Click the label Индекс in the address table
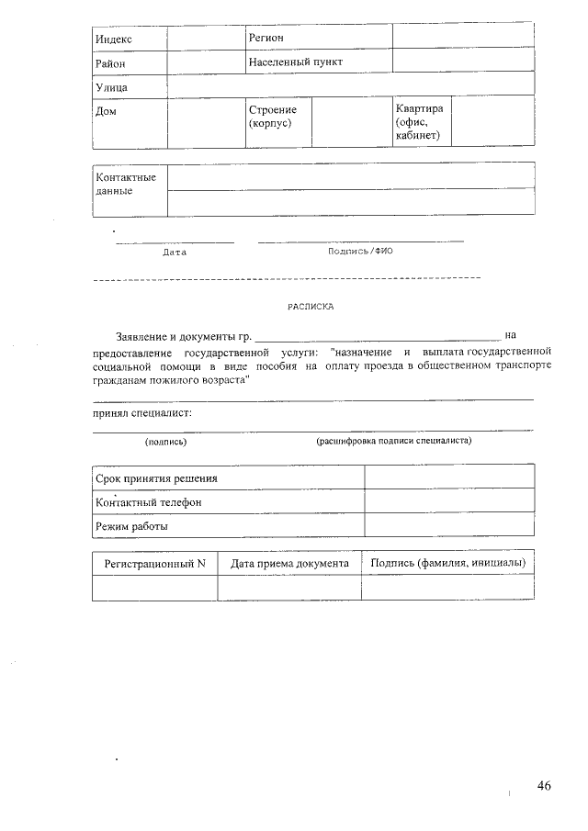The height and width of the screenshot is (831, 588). point(115,39)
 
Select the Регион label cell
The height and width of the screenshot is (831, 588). point(266,38)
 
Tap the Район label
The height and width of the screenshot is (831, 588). point(111,63)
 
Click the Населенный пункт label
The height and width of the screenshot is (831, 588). point(295,62)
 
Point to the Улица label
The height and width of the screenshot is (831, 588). point(112,87)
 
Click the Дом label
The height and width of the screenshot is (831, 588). point(107,111)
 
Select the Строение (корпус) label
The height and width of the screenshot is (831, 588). point(273,117)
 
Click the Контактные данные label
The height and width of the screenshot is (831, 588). point(126,184)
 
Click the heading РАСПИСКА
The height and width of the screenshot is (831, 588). point(311,307)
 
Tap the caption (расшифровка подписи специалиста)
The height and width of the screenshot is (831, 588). point(394,441)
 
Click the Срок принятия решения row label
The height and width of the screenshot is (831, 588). point(157,478)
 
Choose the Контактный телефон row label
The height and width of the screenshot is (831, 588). point(148,502)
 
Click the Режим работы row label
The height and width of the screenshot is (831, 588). point(132,527)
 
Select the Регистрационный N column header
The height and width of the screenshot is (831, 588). point(154,563)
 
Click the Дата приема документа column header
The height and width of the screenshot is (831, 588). point(289,563)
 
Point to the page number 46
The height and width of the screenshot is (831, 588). point(544,786)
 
